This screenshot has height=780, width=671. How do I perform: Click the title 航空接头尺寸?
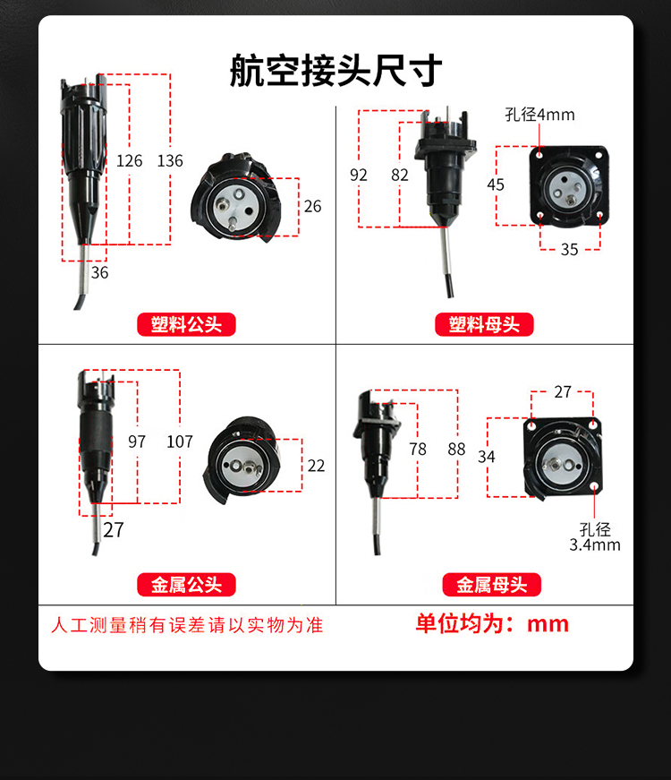tap(336, 71)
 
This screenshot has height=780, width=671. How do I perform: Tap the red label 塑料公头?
tap(186, 325)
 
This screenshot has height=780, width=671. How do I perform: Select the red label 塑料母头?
tap(484, 325)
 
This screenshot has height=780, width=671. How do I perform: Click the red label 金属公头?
tap(186, 585)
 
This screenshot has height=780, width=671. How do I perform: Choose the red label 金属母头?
tap(491, 585)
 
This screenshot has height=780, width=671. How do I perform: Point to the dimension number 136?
tap(170, 160)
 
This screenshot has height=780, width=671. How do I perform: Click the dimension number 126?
tap(129, 160)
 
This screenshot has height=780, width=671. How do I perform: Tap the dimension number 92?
tap(359, 176)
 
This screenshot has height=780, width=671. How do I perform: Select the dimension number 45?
tap(496, 184)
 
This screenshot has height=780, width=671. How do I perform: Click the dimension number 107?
tap(180, 441)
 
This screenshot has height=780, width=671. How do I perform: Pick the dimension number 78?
tap(418, 450)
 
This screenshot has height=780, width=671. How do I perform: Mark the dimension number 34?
tap(486, 457)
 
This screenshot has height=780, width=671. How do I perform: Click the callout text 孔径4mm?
tap(539, 115)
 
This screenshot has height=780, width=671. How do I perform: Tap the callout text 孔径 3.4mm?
tap(595, 536)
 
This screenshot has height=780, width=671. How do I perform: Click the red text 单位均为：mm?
tap(492, 624)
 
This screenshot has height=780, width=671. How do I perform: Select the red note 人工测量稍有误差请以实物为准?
tap(187, 625)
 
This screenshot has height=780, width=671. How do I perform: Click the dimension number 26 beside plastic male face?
tap(312, 206)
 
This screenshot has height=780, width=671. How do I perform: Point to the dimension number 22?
tap(316, 466)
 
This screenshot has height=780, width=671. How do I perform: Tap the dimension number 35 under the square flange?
tap(570, 249)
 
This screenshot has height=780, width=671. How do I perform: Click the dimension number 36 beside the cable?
tap(99, 272)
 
